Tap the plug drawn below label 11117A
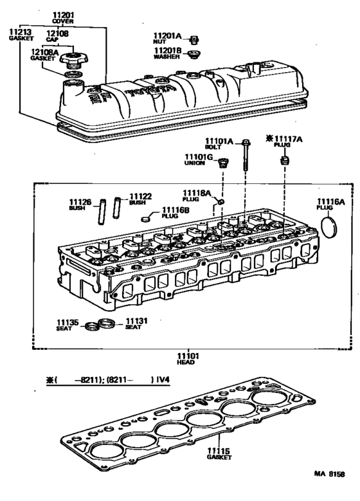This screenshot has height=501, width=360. pos(283,158)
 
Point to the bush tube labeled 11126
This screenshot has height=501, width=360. pos(102,213)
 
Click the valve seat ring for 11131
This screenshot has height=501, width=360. pos(110,323)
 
